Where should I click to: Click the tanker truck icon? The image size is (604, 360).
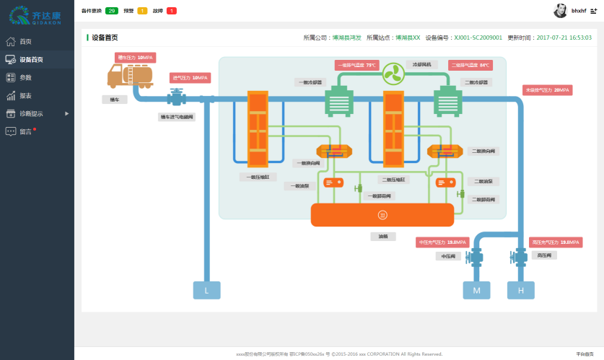pyautogui.click(x=130, y=76)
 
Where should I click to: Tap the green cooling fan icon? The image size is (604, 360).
pyautogui.click(x=394, y=72)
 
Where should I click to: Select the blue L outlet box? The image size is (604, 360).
pyautogui.click(x=206, y=290)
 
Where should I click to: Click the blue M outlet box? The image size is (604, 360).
pyautogui.click(x=476, y=290)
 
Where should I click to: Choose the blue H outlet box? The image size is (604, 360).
pyautogui.click(x=520, y=290)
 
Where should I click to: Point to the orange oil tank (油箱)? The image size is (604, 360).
pyautogui.click(x=382, y=214)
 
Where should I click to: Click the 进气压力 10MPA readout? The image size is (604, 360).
pyautogui.click(x=190, y=77)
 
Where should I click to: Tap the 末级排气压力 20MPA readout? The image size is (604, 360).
pyautogui.click(x=548, y=90)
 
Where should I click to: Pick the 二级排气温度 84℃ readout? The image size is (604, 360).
pyautogui.click(x=470, y=65)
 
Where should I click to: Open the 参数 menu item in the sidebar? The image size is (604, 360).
pyautogui.click(x=25, y=77)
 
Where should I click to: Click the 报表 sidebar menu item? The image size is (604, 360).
pyautogui.click(x=25, y=95)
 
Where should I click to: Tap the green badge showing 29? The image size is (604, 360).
pyautogui.click(x=112, y=11)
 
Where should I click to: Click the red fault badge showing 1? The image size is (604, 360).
pyautogui.click(x=171, y=11)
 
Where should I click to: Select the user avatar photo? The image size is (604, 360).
pyautogui.click(x=560, y=11)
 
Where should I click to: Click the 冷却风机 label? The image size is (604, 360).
pyautogui.click(x=421, y=64)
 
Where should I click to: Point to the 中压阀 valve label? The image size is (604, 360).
pyautogui.click(x=447, y=255)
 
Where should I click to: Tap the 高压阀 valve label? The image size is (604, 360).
pyautogui.click(x=543, y=255)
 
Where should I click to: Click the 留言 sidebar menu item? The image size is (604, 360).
pyautogui.click(x=25, y=131)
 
